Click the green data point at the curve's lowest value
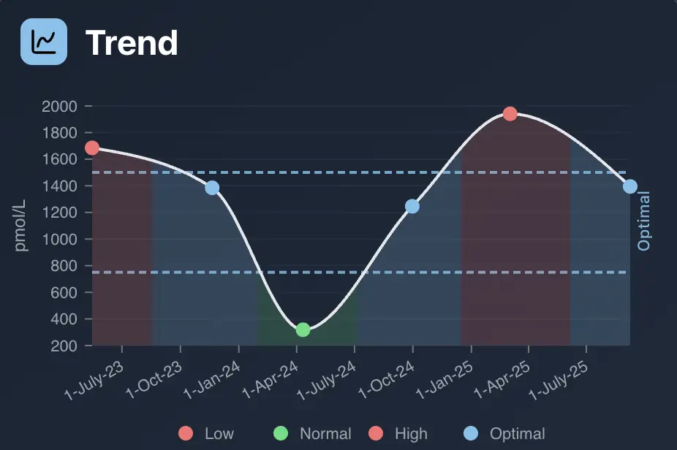pyautogui.click(x=303, y=329)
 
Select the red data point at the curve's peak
pyautogui.click(x=510, y=114)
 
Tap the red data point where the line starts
pyautogui.click(x=92, y=148)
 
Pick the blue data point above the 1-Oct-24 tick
pyautogui.click(x=412, y=207)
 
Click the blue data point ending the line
pyautogui.click(x=629, y=187)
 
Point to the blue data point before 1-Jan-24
pyautogui.click(x=212, y=188)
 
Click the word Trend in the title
pyautogui.click(x=132, y=43)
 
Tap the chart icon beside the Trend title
pyautogui.click(x=44, y=42)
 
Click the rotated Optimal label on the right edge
pyautogui.click(x=644, y=221)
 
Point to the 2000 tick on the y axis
pyautogui.click(x=59, y=107)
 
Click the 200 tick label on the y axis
pyautogui.click(x=63, y=346)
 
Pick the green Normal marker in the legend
pyautogui.click(x=280, y=434)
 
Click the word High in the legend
pyautogui.click(x=411, y=434)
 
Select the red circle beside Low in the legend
pyautogui.click(x=186, y=434)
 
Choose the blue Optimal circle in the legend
pyautogui.click(x=470, y=434)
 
